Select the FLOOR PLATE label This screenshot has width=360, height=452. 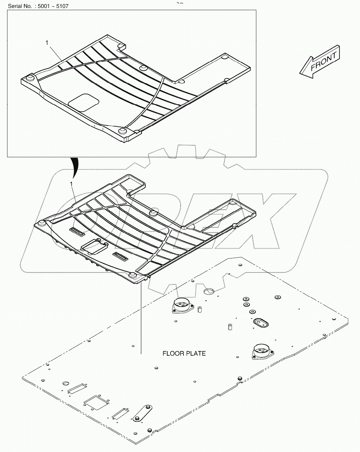tap(184, 353)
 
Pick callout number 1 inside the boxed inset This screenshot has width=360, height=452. tap(47, 43)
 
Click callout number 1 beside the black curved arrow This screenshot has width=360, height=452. tap(71, 184)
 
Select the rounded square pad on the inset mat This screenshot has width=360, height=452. tap(84, 102)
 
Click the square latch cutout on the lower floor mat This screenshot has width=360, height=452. tap(94, 246)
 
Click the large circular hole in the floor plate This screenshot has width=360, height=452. tap(209, 291)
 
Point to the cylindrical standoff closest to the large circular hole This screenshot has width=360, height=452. tap(200, 310)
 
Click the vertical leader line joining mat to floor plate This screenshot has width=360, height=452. tap(141, 319)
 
